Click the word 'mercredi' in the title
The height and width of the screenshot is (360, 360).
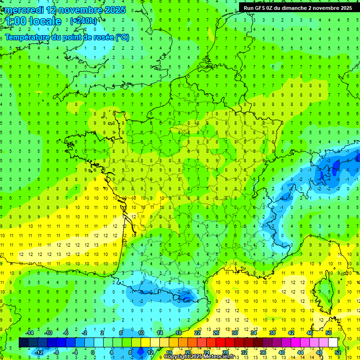[24, 10]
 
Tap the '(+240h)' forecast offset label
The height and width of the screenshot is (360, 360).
[84, 21]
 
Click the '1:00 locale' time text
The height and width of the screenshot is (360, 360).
[33, 21]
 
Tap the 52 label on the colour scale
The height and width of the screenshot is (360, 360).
[338, 352]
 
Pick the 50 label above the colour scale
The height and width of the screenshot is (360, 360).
[329, 333]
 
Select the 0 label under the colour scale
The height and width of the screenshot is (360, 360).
[93, 352]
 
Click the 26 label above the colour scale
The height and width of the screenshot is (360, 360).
[216, 333]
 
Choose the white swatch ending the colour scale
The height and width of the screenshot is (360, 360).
[333, 343]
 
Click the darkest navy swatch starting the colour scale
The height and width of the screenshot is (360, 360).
[23, 343]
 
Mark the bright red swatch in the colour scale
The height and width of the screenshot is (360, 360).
[220, 343]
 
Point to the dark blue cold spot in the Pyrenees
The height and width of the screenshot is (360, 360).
[187, 296]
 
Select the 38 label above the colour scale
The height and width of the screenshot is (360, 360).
[272, 333]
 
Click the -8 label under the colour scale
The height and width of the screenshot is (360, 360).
[56, 352]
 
